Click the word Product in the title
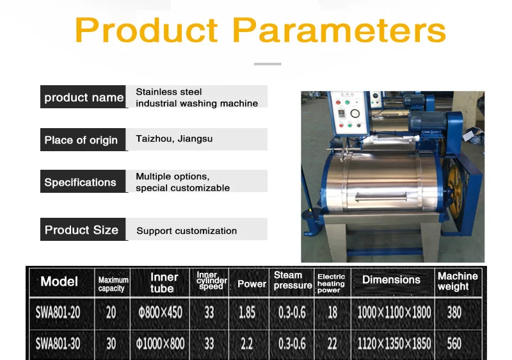[x=147, y=29]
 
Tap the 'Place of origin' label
[x=81, y=140]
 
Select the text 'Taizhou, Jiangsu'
[x=174, y=139]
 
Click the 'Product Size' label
[x=81, y=230]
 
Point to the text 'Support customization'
[x=186, y=231]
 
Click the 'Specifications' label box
[x=83, y=181]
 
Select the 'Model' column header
[x=59, y=281]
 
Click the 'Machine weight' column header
[x=458, y=281]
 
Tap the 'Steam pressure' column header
[x=292, y=281]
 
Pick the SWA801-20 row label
[x=58, y=313]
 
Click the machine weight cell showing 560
[x=454, y=343]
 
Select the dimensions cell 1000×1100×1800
[x=394, y=313]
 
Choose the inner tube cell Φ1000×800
[x=160, y=343]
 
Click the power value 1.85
[x=247, y=313]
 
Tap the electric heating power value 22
[x=332, y=343]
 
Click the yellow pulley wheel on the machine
[x=454, y=190]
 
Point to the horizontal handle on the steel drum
[x=381, y=197]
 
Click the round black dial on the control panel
[x=355, y=113]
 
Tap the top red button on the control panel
[x=339, y=102]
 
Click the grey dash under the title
[x=268, y=64]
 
